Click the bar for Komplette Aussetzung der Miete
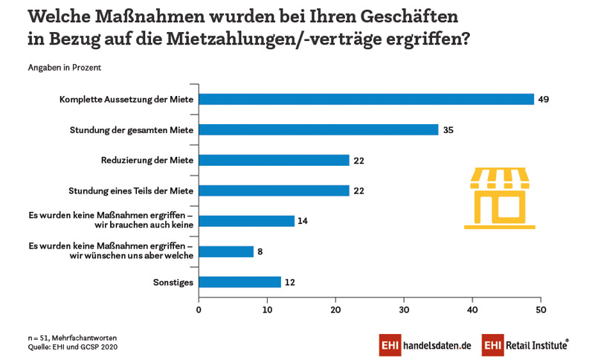pos(367,99)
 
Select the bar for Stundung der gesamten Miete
pos(318,129)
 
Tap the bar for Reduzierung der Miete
pos(274,160)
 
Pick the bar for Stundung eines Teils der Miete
pos(274,190)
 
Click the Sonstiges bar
pos(239,282)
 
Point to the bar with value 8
pos(226,251)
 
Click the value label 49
pos(544,99)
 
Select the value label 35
pos(448,129)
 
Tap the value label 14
pos(303,221)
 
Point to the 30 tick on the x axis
pos(404,309)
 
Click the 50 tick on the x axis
pos(541,309)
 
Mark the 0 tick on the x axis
pos(199,309)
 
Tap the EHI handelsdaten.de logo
pos(425,345)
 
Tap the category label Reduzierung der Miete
pos(147,160)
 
